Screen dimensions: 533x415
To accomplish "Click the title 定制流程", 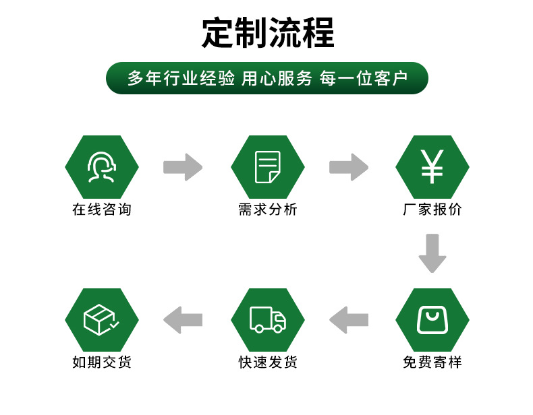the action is coord(268,32).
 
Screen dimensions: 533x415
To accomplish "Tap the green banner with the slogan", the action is coord(267,78).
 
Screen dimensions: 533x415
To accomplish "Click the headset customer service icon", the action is coord(102,167).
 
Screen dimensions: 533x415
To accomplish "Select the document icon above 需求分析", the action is coord(267,167).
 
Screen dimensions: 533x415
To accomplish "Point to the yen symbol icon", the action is coord(432,167).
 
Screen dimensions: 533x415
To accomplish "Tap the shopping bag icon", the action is coord(432,320).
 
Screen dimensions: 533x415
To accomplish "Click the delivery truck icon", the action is coord(267,320).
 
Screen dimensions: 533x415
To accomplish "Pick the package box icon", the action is coord(102,320).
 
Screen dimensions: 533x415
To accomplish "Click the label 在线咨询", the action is coord(102,210).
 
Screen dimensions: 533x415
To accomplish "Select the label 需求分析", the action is coord(267,210).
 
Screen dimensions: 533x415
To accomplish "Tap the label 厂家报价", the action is coord(432,210).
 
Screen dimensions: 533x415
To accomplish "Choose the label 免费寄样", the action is coord(432,362).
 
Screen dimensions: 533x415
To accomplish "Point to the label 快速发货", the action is coord(267,362).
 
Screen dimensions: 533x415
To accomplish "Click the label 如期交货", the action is coord(102,362).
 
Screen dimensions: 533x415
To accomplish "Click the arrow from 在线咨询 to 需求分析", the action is coord(183,167).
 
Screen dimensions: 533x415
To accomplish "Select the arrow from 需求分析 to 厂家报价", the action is coord(349,167).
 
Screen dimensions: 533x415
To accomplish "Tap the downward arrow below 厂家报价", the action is coord(432,253).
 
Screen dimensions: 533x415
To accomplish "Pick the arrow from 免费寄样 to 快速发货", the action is coord(349,320).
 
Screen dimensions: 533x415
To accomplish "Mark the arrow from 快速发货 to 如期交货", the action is coord(183,320).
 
